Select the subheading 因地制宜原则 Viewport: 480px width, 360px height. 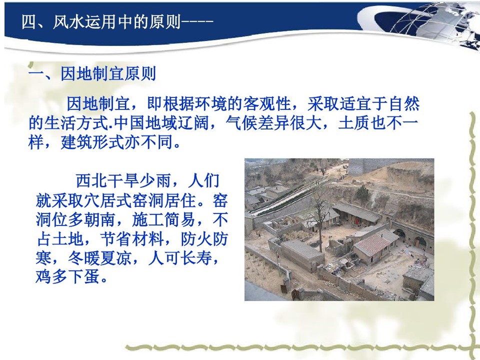click(108, 74)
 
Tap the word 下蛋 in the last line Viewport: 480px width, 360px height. click(84, 277)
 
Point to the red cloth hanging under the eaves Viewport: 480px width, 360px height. click(357, 220)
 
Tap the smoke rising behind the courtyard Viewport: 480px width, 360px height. click(374, 196)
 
